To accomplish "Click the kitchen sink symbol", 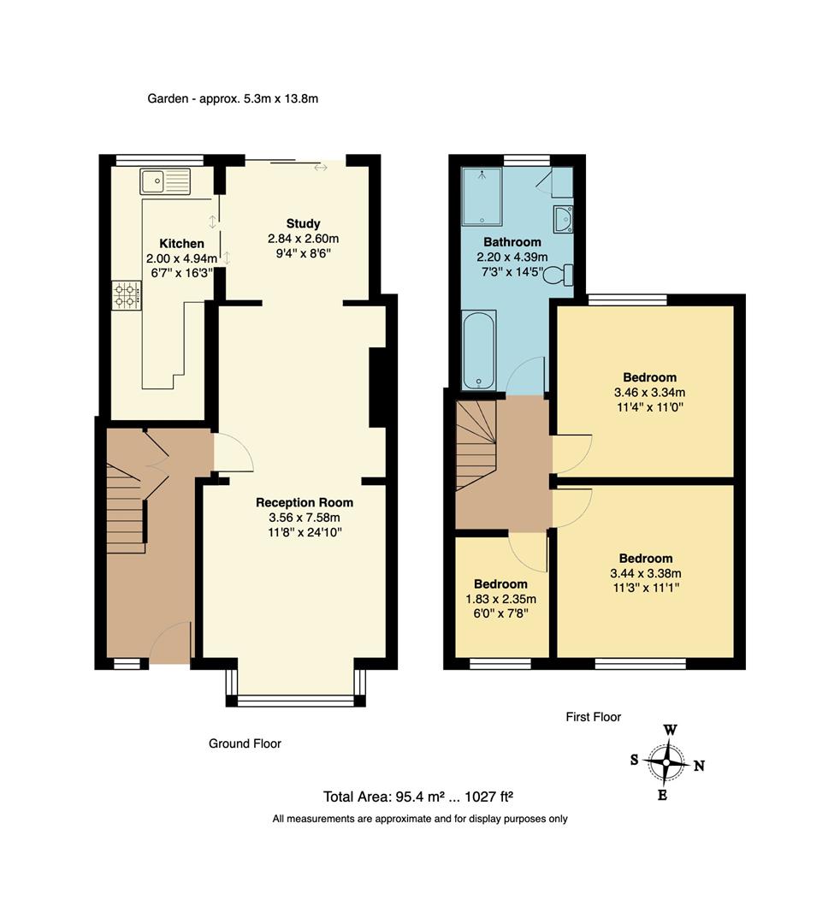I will tap(166, 181).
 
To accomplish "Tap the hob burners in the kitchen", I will tap(125, 295).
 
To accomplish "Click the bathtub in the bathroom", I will tap(477, 351).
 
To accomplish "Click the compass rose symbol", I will tap(666, 761).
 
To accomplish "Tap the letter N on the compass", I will tap(699, 767).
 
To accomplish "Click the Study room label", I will tap(303, 223).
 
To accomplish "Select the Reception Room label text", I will tap(305, 502).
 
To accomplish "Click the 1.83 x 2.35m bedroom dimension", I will tap(500, 599).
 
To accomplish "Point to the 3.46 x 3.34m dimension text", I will tap(649, 393).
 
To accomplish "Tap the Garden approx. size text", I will tap(233, 98).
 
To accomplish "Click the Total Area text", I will tap(417, 797).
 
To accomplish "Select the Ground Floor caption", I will tap(245, 743).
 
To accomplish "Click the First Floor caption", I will tap(593, 717).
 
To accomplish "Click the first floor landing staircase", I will tap(476, 445).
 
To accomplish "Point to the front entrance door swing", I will tap(171, 643).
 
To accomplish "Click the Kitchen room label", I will tap(181, 244).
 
